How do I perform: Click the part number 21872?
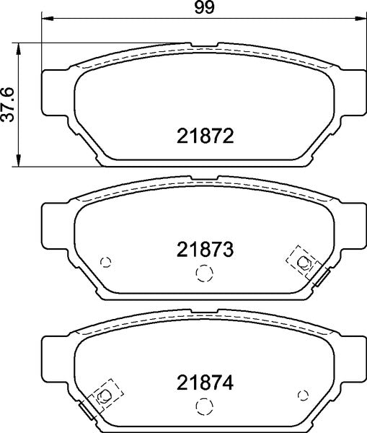click(205, 136)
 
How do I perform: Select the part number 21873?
click(205, 250)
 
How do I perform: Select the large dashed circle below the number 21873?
click(205, 273)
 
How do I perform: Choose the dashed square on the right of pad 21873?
click(302, 261)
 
